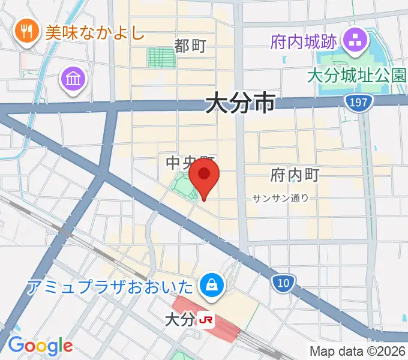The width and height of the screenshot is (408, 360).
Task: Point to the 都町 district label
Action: coord(190,46)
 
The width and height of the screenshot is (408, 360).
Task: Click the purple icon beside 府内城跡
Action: coord(352,41)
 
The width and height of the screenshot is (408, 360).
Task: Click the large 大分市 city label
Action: coord(240,103)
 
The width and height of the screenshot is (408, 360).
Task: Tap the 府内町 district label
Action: coord(295,175)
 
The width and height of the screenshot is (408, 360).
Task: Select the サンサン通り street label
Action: coord(280,198)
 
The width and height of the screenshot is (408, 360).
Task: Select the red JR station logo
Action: coord(206,321)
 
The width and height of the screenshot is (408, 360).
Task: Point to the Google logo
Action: coord(40,346)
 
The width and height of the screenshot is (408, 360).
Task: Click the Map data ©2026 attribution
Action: coord(358,351)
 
